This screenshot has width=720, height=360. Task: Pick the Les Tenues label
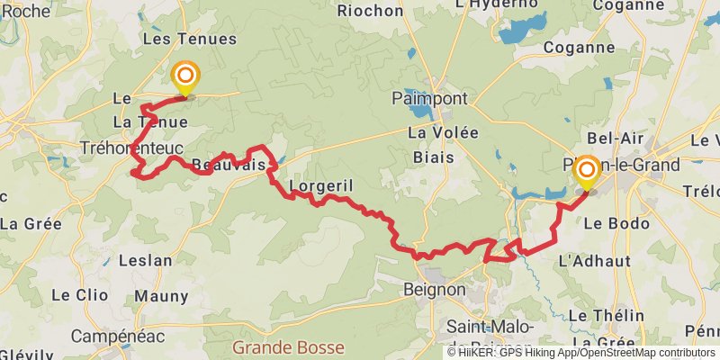tap(189, 39)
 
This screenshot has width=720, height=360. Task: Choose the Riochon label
tap(370, 11)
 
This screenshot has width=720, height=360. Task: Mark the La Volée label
tap(443, 132)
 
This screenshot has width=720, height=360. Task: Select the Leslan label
tap(145, 261)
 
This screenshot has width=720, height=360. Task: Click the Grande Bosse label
tap(288, 346)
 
